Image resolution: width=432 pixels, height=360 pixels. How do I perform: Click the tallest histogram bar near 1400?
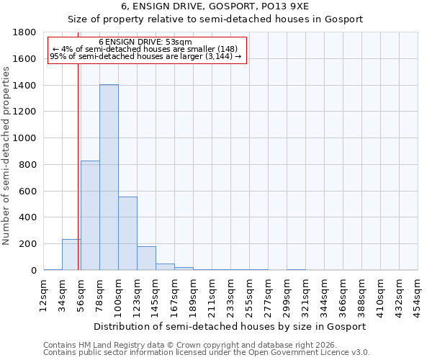(109, 177)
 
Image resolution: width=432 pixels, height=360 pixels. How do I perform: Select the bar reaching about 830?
(90, 215)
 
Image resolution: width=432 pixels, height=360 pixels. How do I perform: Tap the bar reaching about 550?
(127, 233)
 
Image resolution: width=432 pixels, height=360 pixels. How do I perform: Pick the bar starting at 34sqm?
(71, 255)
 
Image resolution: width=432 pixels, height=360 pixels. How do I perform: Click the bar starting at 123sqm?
(146, 258)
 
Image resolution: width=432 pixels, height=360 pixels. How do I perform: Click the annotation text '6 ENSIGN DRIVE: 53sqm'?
(145, 42)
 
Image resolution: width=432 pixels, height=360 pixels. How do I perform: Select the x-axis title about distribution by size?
(230, 326)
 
